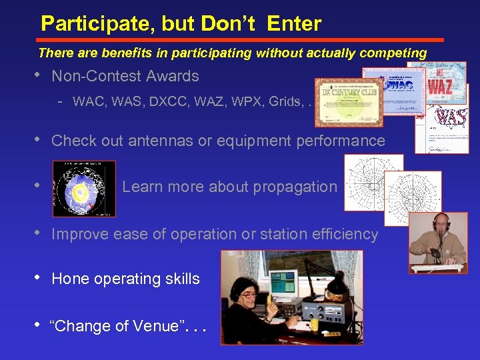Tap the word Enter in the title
[294, 24]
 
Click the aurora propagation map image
[84, 189]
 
